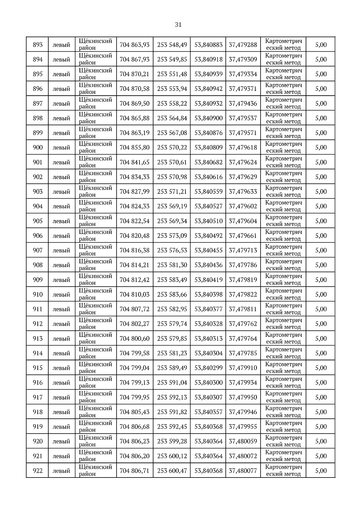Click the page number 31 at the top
[178, 25]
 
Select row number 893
[38, 45]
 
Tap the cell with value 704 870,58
[134, 89]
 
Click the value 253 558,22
[172, 103]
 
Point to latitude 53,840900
[208, 118]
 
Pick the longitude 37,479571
[243, 133]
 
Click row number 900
[38, 148]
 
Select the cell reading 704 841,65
[134, 162]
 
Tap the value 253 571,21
[172, 192]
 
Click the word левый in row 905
[61, 221]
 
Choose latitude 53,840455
[208, 250]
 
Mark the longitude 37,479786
[243, 265]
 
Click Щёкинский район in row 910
[95, 294]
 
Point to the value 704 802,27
[134, 324]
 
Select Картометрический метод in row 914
[283, 353]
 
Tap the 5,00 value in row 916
[321, 382]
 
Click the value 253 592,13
[172, 397]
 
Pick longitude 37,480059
[243, 441]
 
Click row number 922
[38, 471]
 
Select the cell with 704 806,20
[134, 456]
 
